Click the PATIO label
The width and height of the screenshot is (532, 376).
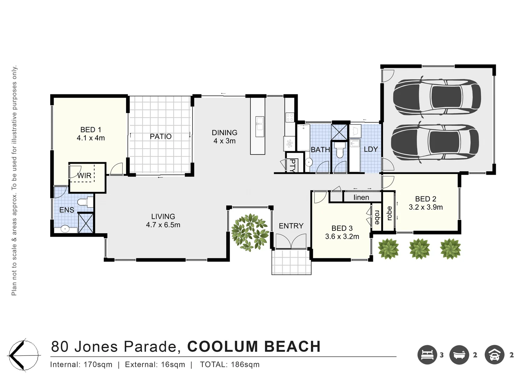click(161, 136)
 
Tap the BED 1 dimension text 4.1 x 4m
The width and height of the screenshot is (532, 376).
click(91, 138)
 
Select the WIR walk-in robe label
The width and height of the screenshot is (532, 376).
click(84, 175)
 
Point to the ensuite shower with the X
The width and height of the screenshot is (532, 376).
click(86, 223)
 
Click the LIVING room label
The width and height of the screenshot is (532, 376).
click(163, 217)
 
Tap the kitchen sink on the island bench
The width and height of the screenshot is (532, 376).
click(260, 127)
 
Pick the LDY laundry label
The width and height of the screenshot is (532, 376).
click(371, 149)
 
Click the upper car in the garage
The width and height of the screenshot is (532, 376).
click(437, 97)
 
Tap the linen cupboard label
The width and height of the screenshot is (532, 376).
click(361, 197)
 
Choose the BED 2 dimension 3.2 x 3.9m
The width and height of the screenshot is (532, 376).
click(425, 207)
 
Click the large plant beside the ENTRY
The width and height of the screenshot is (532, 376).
click(250, 233)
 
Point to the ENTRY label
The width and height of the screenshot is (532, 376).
click(291, 226)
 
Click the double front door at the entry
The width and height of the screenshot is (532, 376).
click(291, 241)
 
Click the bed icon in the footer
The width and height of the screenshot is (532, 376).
click(427, 355)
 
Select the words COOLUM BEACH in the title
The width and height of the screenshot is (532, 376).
click(254, 346)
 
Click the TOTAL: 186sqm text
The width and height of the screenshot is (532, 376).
click(230, 365)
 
